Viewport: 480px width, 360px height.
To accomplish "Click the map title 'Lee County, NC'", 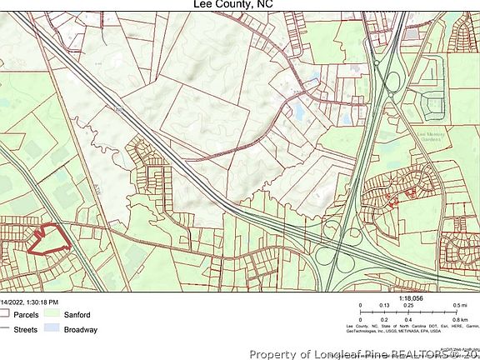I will [x=239, y=5].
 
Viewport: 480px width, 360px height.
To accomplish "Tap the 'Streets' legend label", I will [x=24, y=329].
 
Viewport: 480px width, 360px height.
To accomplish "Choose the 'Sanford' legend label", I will [x=77, y=315].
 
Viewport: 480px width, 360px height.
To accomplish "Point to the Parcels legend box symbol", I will [x=5, y=315].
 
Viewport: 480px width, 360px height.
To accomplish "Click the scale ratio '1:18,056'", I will [x=411, y=297].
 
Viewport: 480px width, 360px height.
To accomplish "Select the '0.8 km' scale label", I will [x=458, y=319].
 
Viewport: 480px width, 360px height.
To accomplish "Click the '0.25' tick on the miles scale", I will [x=409, y=305].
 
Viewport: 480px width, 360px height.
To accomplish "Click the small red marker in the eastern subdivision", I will [x=395, y=197].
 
